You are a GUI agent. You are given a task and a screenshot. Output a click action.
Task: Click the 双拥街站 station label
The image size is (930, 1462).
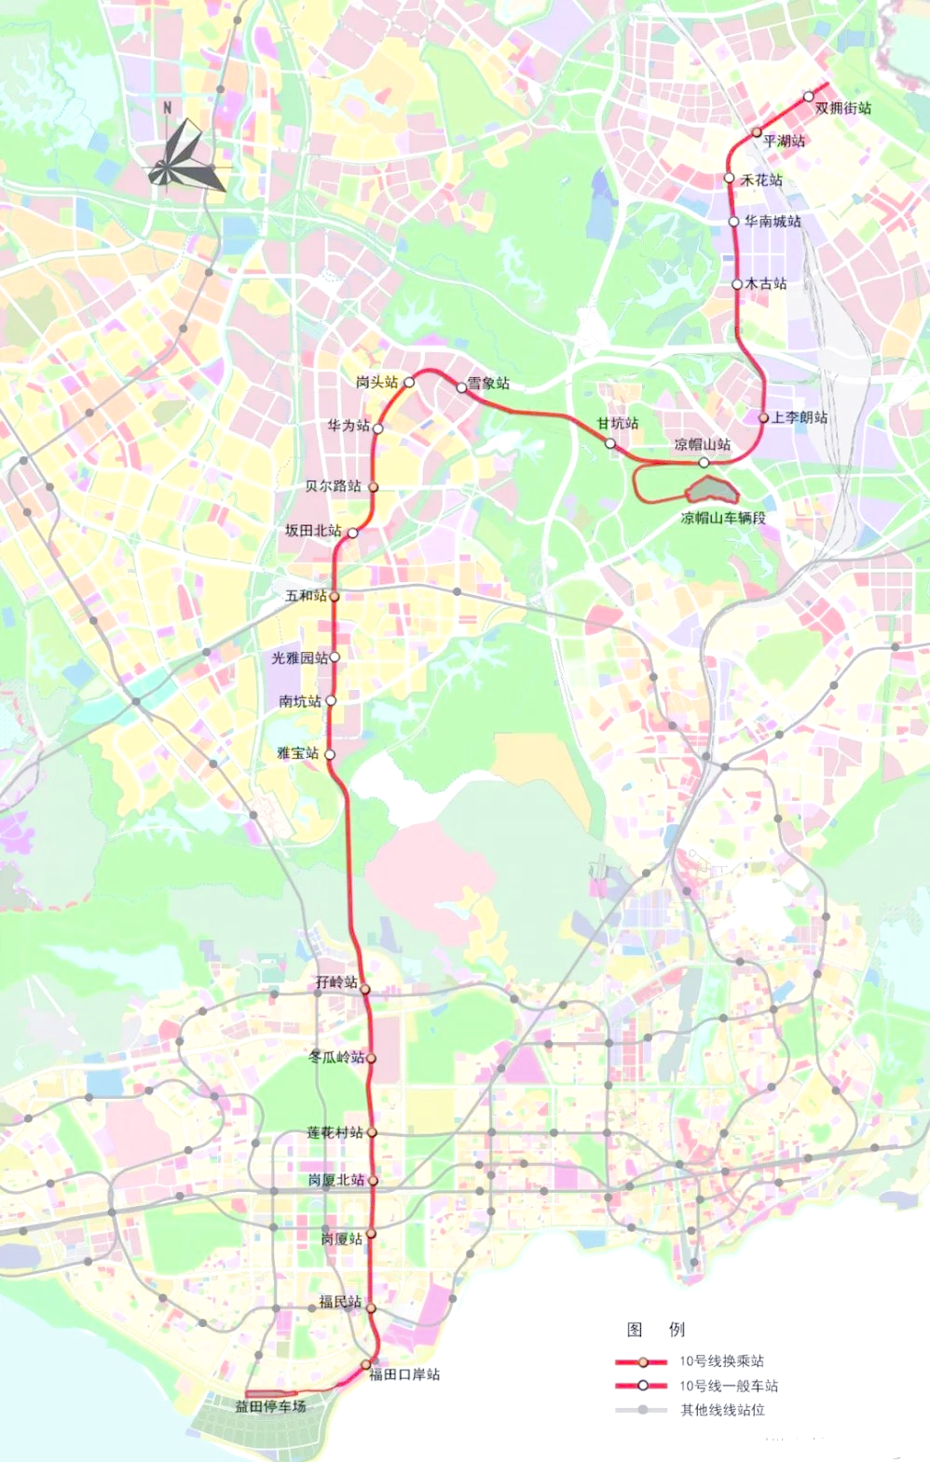point(843,108)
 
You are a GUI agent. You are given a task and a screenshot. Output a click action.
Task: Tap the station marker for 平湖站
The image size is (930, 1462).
point(757,132)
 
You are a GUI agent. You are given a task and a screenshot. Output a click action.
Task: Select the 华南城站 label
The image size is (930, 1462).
point(772,222)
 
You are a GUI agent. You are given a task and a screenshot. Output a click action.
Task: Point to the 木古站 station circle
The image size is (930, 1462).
point(737,284)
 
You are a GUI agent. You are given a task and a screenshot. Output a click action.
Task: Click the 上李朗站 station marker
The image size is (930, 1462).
point(763,418)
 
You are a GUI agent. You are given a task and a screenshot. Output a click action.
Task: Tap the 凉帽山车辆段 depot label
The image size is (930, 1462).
point(723,518)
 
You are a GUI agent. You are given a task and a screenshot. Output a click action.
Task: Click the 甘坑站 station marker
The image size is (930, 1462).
point(610,443)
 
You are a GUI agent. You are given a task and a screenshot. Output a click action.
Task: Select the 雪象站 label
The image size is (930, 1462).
point(488,384)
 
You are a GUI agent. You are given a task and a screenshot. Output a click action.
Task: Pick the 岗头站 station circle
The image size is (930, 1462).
point(408,382)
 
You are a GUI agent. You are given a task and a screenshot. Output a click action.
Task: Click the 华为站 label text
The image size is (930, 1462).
point(348,426)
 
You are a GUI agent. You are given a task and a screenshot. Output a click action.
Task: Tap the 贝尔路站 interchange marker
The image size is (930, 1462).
point(374,486)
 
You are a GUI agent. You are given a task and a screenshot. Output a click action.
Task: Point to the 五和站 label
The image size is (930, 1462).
point(306,595)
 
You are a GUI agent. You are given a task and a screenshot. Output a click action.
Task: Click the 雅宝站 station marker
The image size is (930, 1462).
point(329,754)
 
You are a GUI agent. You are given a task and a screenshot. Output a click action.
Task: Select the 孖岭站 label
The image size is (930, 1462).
point(335,982)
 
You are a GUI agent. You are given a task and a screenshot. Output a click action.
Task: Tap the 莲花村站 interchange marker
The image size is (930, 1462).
point(371,1132)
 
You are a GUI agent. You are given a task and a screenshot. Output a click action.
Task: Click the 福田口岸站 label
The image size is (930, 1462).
point(404,1374)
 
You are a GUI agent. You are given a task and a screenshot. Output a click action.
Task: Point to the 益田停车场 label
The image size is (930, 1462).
point(270,1406)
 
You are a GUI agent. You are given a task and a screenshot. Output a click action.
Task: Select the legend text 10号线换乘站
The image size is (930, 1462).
point(720,1361)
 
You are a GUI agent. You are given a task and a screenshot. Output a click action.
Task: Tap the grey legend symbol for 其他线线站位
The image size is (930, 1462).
point(642,1410)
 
